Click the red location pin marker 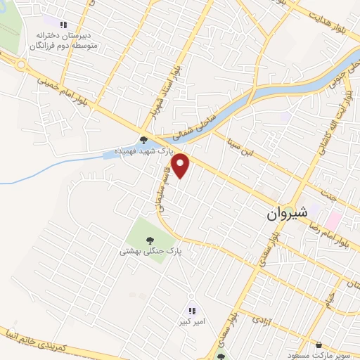coord(181,166)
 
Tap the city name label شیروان coord(285,215)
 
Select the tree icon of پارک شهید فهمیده coord(144,139)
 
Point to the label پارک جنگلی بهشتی coord(149,250)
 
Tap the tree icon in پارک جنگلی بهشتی coord(148,240)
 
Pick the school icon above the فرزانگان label coord(65,23)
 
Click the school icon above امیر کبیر coord(191,310)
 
